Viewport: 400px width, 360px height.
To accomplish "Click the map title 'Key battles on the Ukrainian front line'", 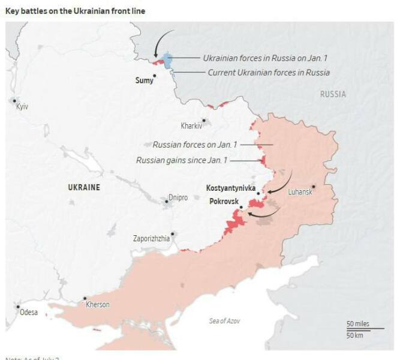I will point(76,11).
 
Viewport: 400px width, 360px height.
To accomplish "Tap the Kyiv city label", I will point(22,106).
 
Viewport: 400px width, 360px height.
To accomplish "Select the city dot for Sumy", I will point(154,76).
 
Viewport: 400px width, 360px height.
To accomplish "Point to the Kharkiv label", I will point(192,126).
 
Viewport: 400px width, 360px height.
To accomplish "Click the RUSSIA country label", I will point(333,94).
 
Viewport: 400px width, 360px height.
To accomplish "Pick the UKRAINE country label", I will point(84,188).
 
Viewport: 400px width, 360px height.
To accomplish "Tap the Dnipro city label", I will point(178,197).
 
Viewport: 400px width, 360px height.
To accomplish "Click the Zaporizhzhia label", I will point(151,239).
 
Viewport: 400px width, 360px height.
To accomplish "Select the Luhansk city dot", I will point(312,186).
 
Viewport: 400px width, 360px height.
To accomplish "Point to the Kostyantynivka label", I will point(230,188).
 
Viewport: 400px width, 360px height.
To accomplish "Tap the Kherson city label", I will point(98,305).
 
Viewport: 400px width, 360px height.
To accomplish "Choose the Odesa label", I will point(28,312).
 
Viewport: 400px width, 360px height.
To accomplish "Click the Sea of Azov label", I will point(225,321).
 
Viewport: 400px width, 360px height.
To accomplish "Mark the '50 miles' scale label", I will point(359,324).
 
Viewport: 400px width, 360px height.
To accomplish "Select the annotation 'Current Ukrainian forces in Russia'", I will point(269,73).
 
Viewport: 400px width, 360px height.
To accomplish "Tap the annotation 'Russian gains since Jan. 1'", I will point(182,160).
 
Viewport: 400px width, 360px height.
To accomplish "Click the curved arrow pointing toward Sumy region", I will point(160,42).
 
